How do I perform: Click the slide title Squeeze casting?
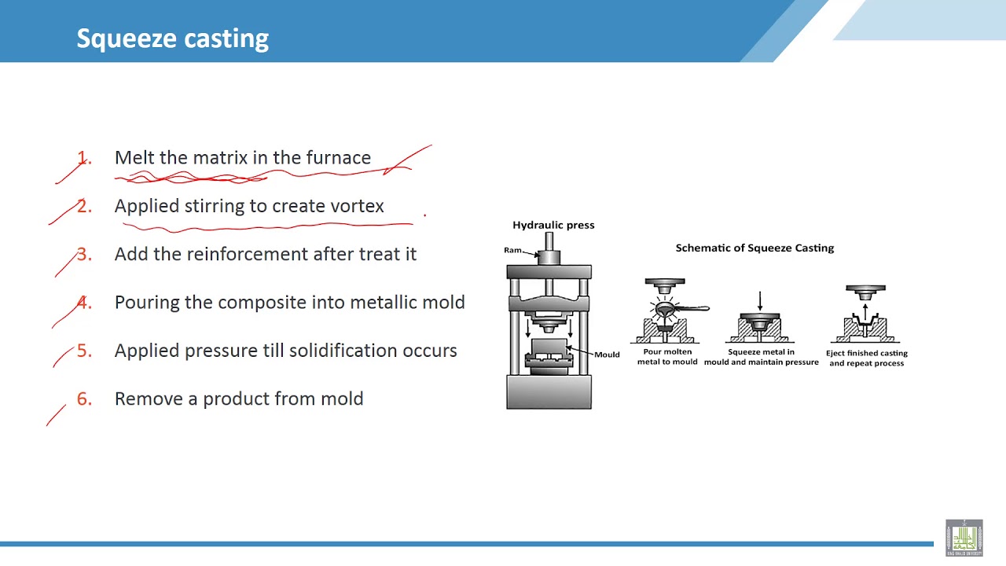click(172, 38)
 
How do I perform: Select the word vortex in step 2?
click(357, 206)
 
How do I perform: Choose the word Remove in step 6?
click(149, 399)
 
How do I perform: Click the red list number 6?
click(83, 399)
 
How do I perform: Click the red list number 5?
click(83, 351)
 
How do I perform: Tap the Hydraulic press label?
click(553, 225)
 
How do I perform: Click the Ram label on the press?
click(513, 250)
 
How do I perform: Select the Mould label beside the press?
click(607, 355)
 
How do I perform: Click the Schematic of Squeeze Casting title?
click(754, 248)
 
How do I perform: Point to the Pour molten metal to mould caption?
click(667, 357)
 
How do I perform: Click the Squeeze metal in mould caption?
click(761, 357)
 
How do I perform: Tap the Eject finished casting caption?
click(866, 358)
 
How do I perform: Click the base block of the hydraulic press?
click(549, 392)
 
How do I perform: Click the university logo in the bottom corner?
click(964, 537)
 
